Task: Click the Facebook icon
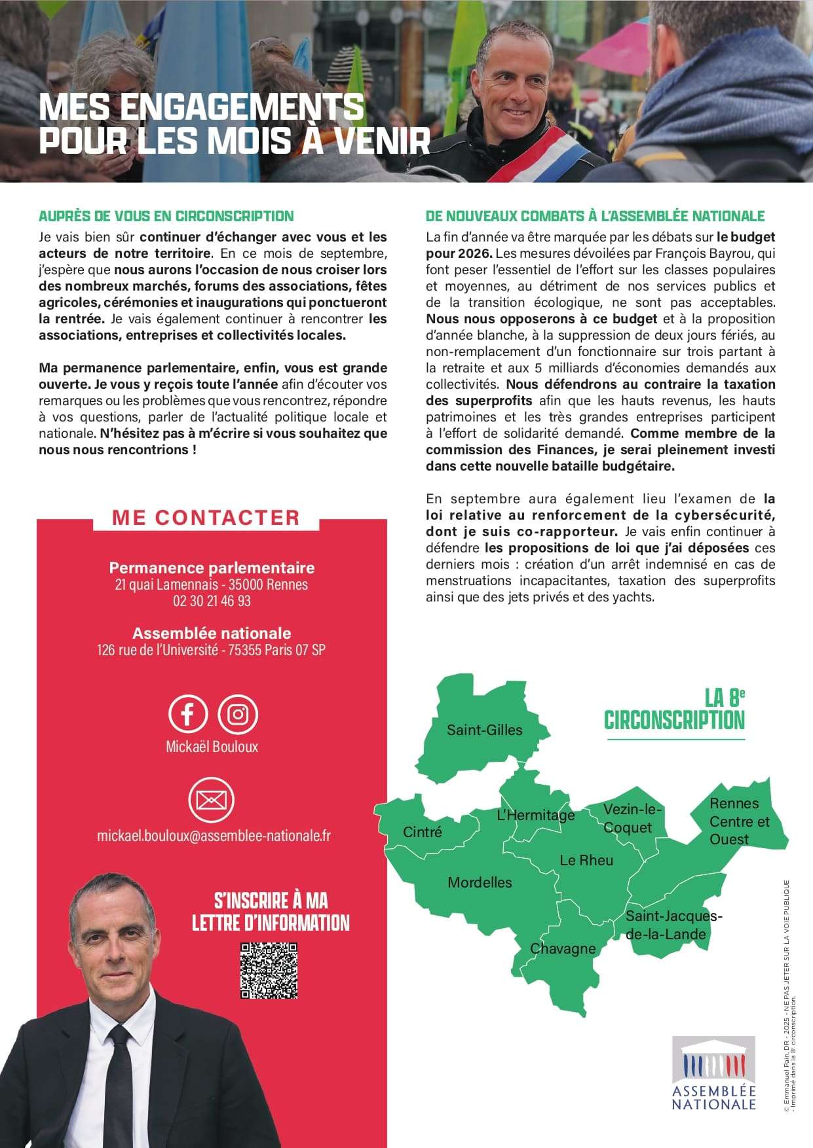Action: coord(188,713)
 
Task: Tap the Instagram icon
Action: coord(238,713)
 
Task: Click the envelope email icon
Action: coord(211,800)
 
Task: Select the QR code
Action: coord(269,970)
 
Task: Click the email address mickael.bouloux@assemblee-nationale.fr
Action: coord(214,836)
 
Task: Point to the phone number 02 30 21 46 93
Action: coord(212,601)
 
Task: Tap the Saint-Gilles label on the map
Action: coord(484,730)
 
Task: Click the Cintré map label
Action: coord(422,832)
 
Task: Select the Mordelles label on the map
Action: coord(480,882)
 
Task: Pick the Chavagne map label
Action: coord(563,948)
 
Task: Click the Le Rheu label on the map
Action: coord(586,860)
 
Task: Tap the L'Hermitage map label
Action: coord(535,815)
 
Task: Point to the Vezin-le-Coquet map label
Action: coord(632,818)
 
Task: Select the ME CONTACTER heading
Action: coord(206,517)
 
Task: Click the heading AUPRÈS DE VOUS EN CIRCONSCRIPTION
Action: coord(166,216)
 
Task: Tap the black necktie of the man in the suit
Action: coord(120,1086)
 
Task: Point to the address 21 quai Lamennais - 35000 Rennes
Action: coord(212,584)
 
